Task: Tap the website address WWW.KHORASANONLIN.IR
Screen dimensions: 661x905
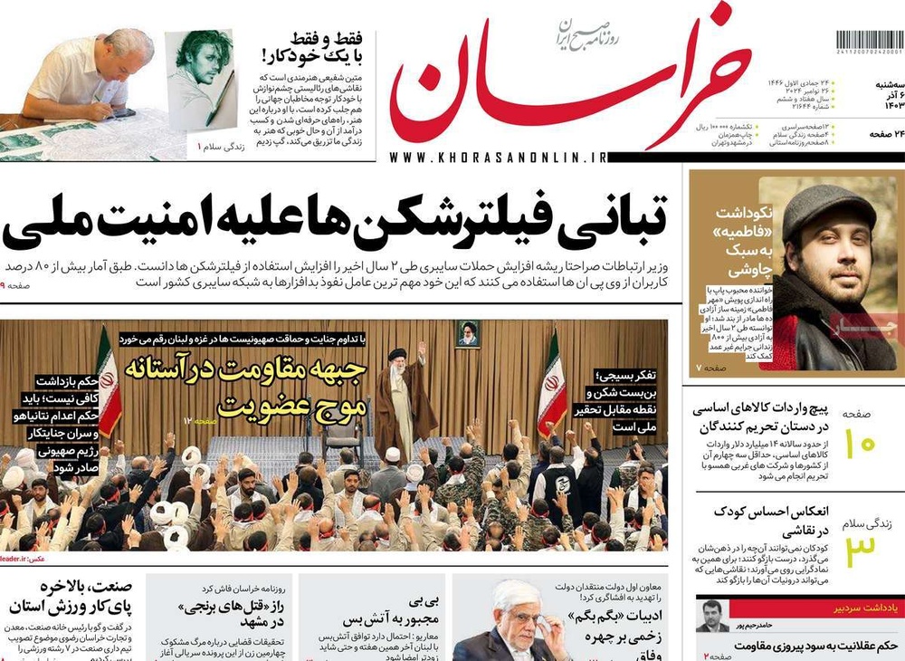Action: pyautogui.click(x=499, y=158)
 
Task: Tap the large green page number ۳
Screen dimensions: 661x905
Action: pyautogui.click(x=862, y=551)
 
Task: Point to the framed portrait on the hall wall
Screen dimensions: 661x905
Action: pyautogui.click(x=468, y=334)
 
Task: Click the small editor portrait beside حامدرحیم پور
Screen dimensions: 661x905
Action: pyautogui.click(x=712, y=627)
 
